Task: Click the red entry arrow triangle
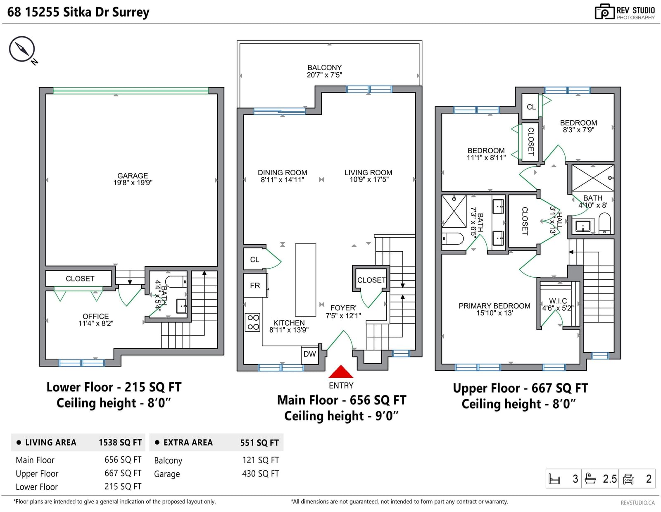click(341, 371)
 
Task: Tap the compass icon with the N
click(22, 49)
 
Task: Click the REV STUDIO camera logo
click(604, 12)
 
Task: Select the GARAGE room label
click(133, 176)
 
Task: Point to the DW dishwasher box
click(310, 354)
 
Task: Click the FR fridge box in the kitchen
click(255, 286)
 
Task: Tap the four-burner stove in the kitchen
click(253, 322)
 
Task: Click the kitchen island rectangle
click(305, 280)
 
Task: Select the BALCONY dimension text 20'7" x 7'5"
click(324, 75)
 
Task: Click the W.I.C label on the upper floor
click(558, 301)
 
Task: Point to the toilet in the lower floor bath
click(176, 282)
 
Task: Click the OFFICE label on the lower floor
click(95, 316)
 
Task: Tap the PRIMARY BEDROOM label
click(495, 306)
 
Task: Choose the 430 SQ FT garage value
click(260, 474)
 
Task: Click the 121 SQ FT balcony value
click(261, 460)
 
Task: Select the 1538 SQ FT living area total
click(120, 442)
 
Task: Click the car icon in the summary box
click(628, 479)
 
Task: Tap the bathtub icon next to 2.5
click(590, 479)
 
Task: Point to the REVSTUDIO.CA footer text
click(637, 502)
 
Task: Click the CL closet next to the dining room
click(254, 260)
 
